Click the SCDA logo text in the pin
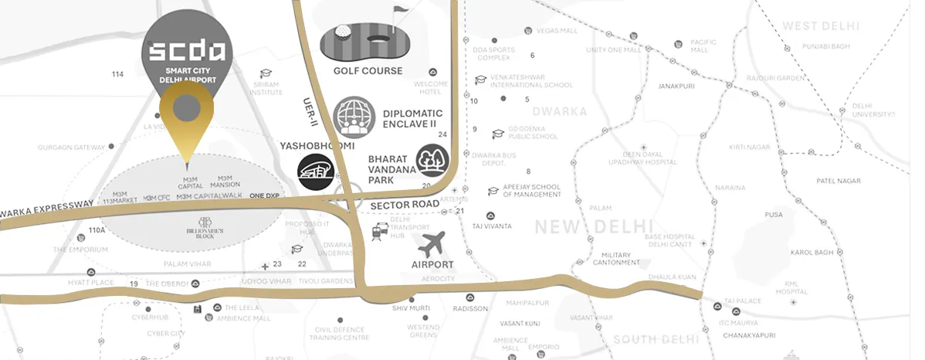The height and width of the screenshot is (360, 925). (186, 52)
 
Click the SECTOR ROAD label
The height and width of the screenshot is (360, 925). (405, 205)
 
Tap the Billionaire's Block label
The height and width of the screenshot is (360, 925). (188, 230)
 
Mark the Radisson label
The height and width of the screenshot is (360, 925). (470, 308)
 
